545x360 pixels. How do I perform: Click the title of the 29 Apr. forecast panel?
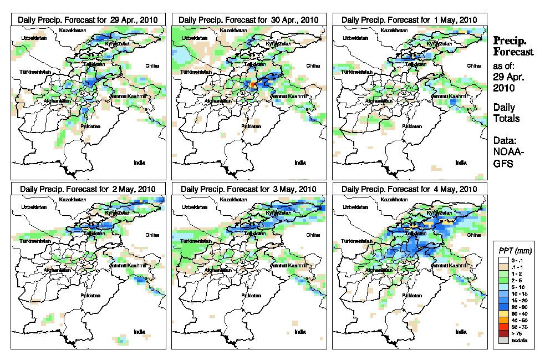[88, 19]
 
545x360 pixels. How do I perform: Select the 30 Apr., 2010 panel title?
[249, 19]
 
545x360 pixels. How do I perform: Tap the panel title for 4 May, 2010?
[409, 189]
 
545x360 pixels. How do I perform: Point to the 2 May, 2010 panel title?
[88, 189]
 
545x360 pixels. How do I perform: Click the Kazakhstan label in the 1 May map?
[391, 29]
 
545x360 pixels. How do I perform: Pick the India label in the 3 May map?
[300, 332]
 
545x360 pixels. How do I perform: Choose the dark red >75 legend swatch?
[502, 333]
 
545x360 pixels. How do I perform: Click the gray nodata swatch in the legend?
[502, 341]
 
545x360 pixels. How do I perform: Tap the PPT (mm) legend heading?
[515, 251]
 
